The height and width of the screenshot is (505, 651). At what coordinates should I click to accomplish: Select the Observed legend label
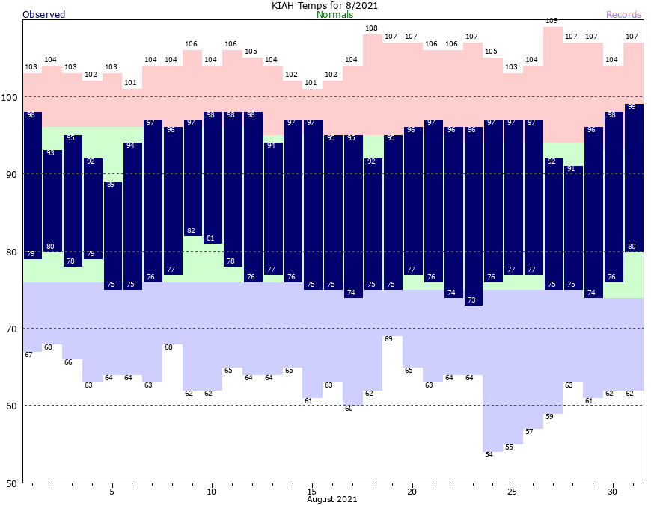pyautogui.click(x=44, y=15)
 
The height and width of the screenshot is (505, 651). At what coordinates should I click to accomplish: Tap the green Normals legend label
pyautogui.click(x=335, y=15)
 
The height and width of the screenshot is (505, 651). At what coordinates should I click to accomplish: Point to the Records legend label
pyautogui.click(x=623, y=15)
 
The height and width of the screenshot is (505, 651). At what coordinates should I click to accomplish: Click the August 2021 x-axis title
pyautogui.click(x=331, y=498)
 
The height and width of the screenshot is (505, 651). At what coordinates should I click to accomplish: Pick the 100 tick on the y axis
pyautogui.click(x=11, y=97)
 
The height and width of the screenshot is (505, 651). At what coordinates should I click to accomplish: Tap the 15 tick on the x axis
pyautogui.click(x=311, y=492)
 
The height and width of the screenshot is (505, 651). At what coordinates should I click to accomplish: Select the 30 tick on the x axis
pyautogui.click(x=612, y=492)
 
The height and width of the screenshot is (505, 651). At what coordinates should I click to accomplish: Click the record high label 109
pyautogui.click(x=552, y=21)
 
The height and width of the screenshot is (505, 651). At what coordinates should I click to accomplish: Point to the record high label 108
pyautogui.click(x=372, y=28)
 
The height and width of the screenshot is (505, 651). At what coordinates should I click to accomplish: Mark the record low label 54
pyautogui.click(x=489, y=455)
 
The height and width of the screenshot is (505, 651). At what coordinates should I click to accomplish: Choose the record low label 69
pyautogui.click(x=388, y=339)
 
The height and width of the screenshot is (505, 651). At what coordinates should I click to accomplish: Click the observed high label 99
pyautogui.click(x=632, y=107)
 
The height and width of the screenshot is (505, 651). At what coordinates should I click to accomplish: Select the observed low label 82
pyautogui.click(x=192, y=231)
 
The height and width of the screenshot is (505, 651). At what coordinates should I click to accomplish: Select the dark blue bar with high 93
pyautogui.click(x=52, y=202)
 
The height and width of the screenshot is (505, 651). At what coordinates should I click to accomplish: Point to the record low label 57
pyautogui.click(x=529, y=432)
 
